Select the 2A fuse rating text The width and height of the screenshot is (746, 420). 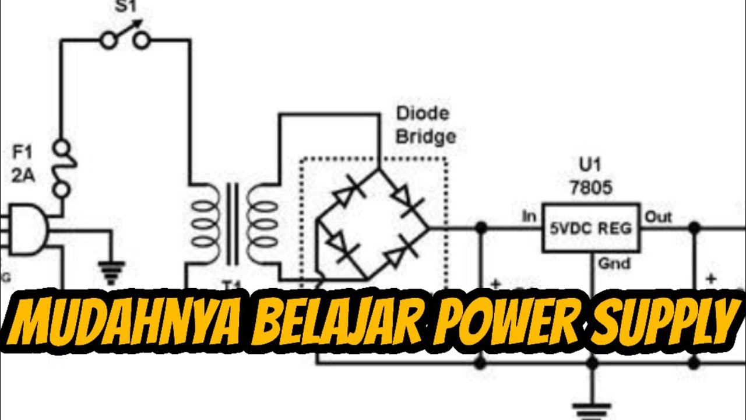[x=23, y=176]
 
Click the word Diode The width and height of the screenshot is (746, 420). [x=423, y=114]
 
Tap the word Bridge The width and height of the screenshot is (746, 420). [x=425, y=137]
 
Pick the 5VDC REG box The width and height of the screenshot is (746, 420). [x=590, y=228]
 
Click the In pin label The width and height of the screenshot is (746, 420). [x=529, y=217]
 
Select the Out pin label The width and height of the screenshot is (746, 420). [x=657, y=217]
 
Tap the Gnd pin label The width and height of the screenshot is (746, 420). [x=614, y=264]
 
